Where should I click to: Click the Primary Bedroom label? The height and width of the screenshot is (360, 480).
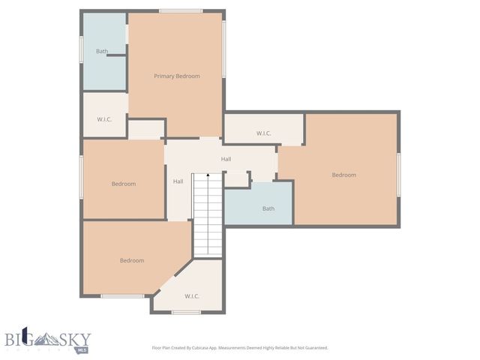pyautogui.click(x=176, y=76)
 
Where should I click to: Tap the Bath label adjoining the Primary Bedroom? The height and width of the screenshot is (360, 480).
pyautogui.click(x=101, y=52)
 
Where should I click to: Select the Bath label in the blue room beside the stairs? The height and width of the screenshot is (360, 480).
pyautogui.click(x=268, y=208)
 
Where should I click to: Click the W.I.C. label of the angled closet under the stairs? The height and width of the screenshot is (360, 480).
pyautogui.click(x=191, y=296)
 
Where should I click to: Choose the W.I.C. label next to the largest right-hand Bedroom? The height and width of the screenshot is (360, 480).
pyautogui.click(x=263, y=133)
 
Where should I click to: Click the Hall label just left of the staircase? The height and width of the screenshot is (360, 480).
pyautogui.click(x=178, y=181)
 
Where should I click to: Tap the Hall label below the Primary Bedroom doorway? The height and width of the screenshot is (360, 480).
pyautogui.click(x=226, y=159)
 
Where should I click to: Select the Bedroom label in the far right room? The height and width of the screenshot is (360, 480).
pyautogui.click(x=343, y=175)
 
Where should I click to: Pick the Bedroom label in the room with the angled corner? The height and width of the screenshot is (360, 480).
pyautogui.click(x=132, y=260)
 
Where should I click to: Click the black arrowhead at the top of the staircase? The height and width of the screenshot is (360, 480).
pyautogui.click(x=208, y=174)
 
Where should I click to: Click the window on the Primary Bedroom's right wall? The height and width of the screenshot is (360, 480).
pyautogui.click(x=224, y=48)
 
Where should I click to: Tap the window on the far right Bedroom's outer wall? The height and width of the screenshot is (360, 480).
pyautogui.click(x=398, y=175)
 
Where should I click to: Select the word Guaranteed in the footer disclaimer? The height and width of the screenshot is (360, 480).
pyautogui.click(x=310, y=348)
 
